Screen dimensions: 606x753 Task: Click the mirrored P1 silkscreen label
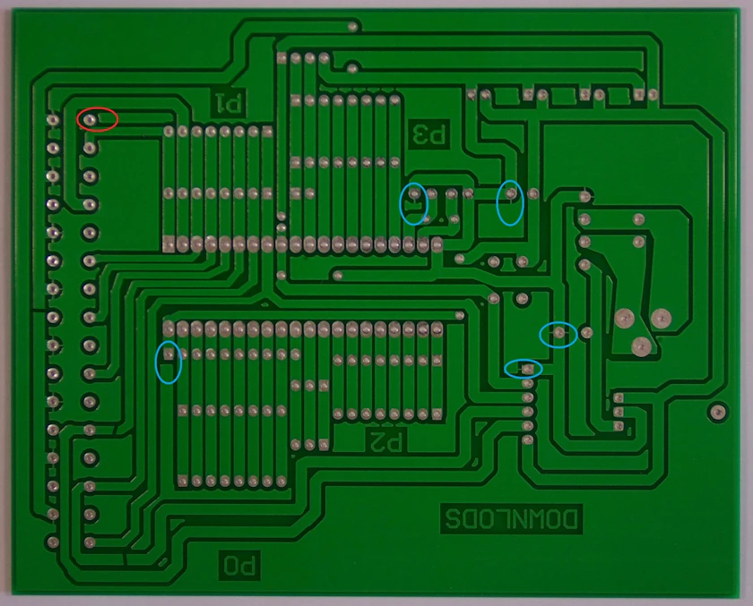click(x=228, y=102)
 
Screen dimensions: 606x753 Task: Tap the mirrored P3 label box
click(x=428, y=134)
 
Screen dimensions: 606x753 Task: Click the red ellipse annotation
click(x=97, y=118)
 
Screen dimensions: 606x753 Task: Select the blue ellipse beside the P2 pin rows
click(x=168, y=362)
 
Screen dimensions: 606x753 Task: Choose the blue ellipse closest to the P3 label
click(x=413, y=203)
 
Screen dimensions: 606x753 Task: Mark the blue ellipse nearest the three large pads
click(x=558, y=335)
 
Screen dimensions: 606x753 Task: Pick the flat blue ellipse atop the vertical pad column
click(x=524, y=368)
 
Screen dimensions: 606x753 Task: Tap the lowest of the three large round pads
click(x=639, y=346)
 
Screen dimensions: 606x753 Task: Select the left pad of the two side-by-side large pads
click(x=624, y=317)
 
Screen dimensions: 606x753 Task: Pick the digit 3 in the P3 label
click(x=420, y=134)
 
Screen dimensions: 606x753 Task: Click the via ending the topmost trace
click(x=352, y=27)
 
